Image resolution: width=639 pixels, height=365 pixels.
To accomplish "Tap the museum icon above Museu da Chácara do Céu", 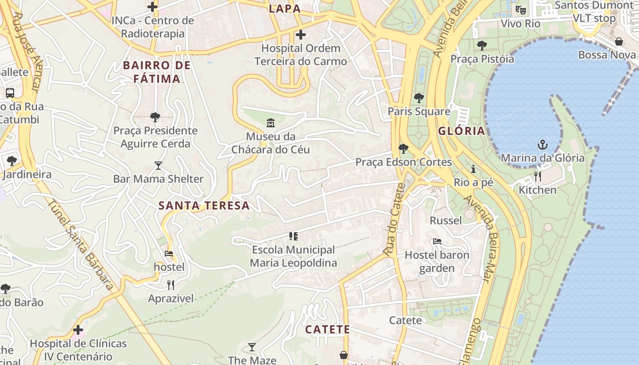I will click(x=271, y=123).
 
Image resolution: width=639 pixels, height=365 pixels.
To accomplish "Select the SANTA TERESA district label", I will click(x=204, y=205).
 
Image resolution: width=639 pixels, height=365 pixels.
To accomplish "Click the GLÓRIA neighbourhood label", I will click(x=461, y=131).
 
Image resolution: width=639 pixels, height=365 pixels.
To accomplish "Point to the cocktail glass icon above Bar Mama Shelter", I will click(x=158, y=165).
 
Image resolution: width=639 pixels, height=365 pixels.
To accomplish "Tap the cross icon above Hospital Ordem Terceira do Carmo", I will click(x=301, y=35).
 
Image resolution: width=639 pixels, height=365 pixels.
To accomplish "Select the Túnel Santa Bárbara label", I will click(x=81, y=245).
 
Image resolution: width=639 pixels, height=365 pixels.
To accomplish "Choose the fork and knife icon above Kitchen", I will click(x=538, y=177).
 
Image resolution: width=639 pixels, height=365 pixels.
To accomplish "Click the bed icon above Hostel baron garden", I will click(x=437, y=241).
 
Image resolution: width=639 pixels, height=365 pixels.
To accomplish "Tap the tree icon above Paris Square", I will click(x=419, y=98).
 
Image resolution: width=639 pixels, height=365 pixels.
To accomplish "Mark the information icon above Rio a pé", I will click(x=473, y=169).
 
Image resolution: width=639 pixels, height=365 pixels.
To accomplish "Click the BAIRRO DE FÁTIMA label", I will click(x=157, y=72).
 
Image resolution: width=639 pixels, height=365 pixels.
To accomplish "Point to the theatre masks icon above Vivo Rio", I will click(x=520, y=10).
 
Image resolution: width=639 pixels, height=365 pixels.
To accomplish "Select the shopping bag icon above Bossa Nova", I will click(x=619, y=42).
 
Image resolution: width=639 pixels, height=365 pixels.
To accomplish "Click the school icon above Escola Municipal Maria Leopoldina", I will click(x=293, y=236).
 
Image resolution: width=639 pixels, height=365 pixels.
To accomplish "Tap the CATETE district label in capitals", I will click(x=327, y=329).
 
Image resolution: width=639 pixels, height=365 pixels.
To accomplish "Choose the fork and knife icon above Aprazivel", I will click(x=171, y=285).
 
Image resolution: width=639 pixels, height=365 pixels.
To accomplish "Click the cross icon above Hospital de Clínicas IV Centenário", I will click(x=78, y=329).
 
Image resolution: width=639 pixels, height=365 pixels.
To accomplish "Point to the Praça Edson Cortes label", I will click(x=403, y=162).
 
